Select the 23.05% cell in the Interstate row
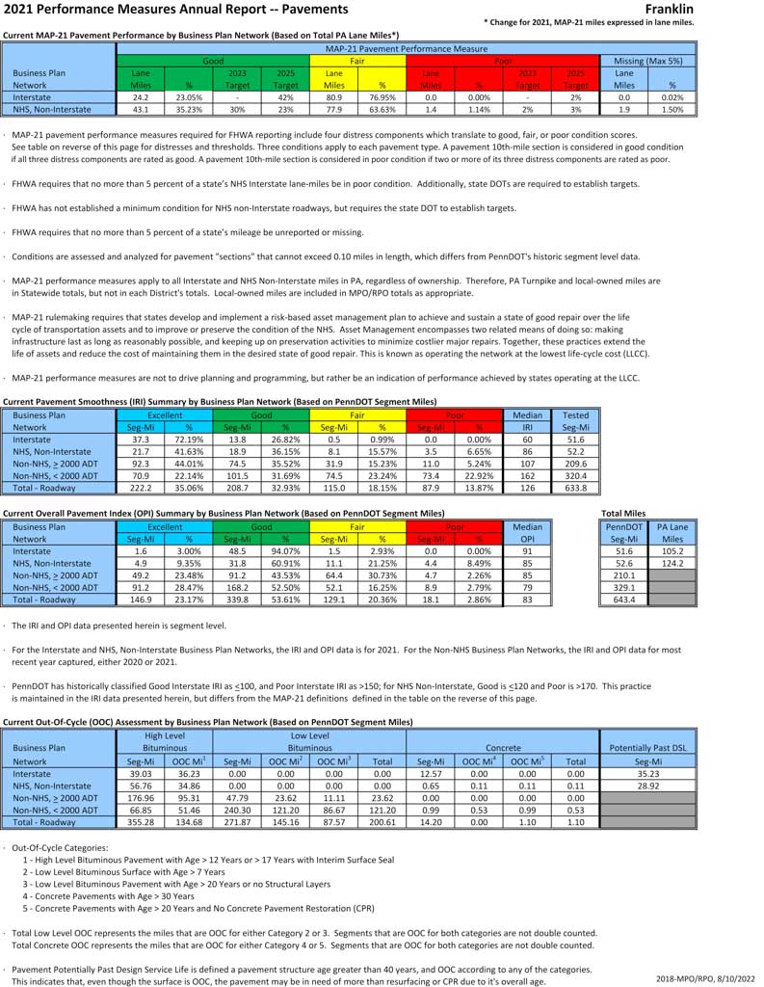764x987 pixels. pos(189,97)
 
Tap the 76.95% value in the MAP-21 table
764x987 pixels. pos(382,97)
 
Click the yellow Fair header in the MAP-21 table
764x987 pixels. pos(357,60)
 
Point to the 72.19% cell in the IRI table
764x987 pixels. pos(189,439)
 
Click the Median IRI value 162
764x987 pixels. pos(527,475)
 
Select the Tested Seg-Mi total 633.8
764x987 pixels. pos(575,488)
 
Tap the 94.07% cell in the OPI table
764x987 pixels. pos(285,551)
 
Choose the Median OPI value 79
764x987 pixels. pos(527,587)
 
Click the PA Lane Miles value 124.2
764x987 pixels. pos(672,564)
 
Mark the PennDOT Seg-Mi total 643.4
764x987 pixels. pos(623,600)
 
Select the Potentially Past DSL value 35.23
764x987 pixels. pos(647,773)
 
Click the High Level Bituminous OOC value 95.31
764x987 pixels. pos(189,797)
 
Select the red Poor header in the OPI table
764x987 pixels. pos(455,527)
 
